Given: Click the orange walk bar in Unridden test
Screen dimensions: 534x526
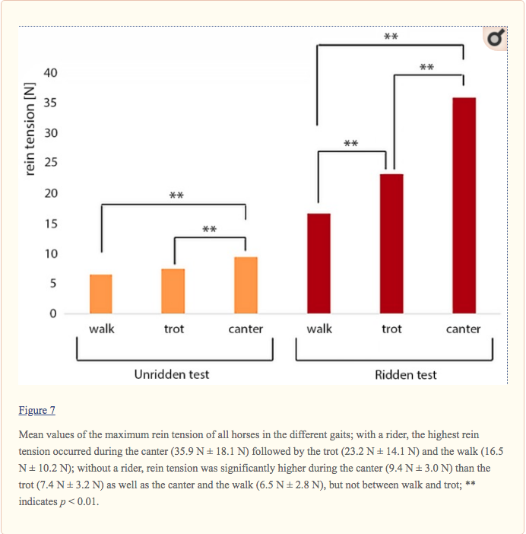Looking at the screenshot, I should (x=101, y=294).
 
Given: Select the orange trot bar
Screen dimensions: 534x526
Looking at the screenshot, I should (x=173, y=291).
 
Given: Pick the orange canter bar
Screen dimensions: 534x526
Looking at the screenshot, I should (x=246, y=285).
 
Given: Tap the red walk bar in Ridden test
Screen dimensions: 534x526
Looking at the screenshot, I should (x=318, y=263).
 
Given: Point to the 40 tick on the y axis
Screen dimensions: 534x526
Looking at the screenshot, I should (x=49, y=73).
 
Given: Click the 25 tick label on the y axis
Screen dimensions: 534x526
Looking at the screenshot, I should (x=49, y=164).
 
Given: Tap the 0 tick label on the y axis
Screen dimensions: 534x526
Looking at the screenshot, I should (x=53, y=313).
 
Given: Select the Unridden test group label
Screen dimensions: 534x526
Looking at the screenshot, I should (x=172, y=374).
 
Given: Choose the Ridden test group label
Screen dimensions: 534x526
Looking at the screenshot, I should (x=406, y=375).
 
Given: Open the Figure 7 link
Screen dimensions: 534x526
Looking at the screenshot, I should (x=37, y=411).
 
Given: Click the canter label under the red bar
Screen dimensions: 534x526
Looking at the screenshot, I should (x=463, y=329).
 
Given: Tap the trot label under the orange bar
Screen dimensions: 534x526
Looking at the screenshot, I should (x=173, y=329).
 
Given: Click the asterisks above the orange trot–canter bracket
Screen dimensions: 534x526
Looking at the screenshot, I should (x=210, y=229).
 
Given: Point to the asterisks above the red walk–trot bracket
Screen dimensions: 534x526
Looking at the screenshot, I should (x=350, y=143).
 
